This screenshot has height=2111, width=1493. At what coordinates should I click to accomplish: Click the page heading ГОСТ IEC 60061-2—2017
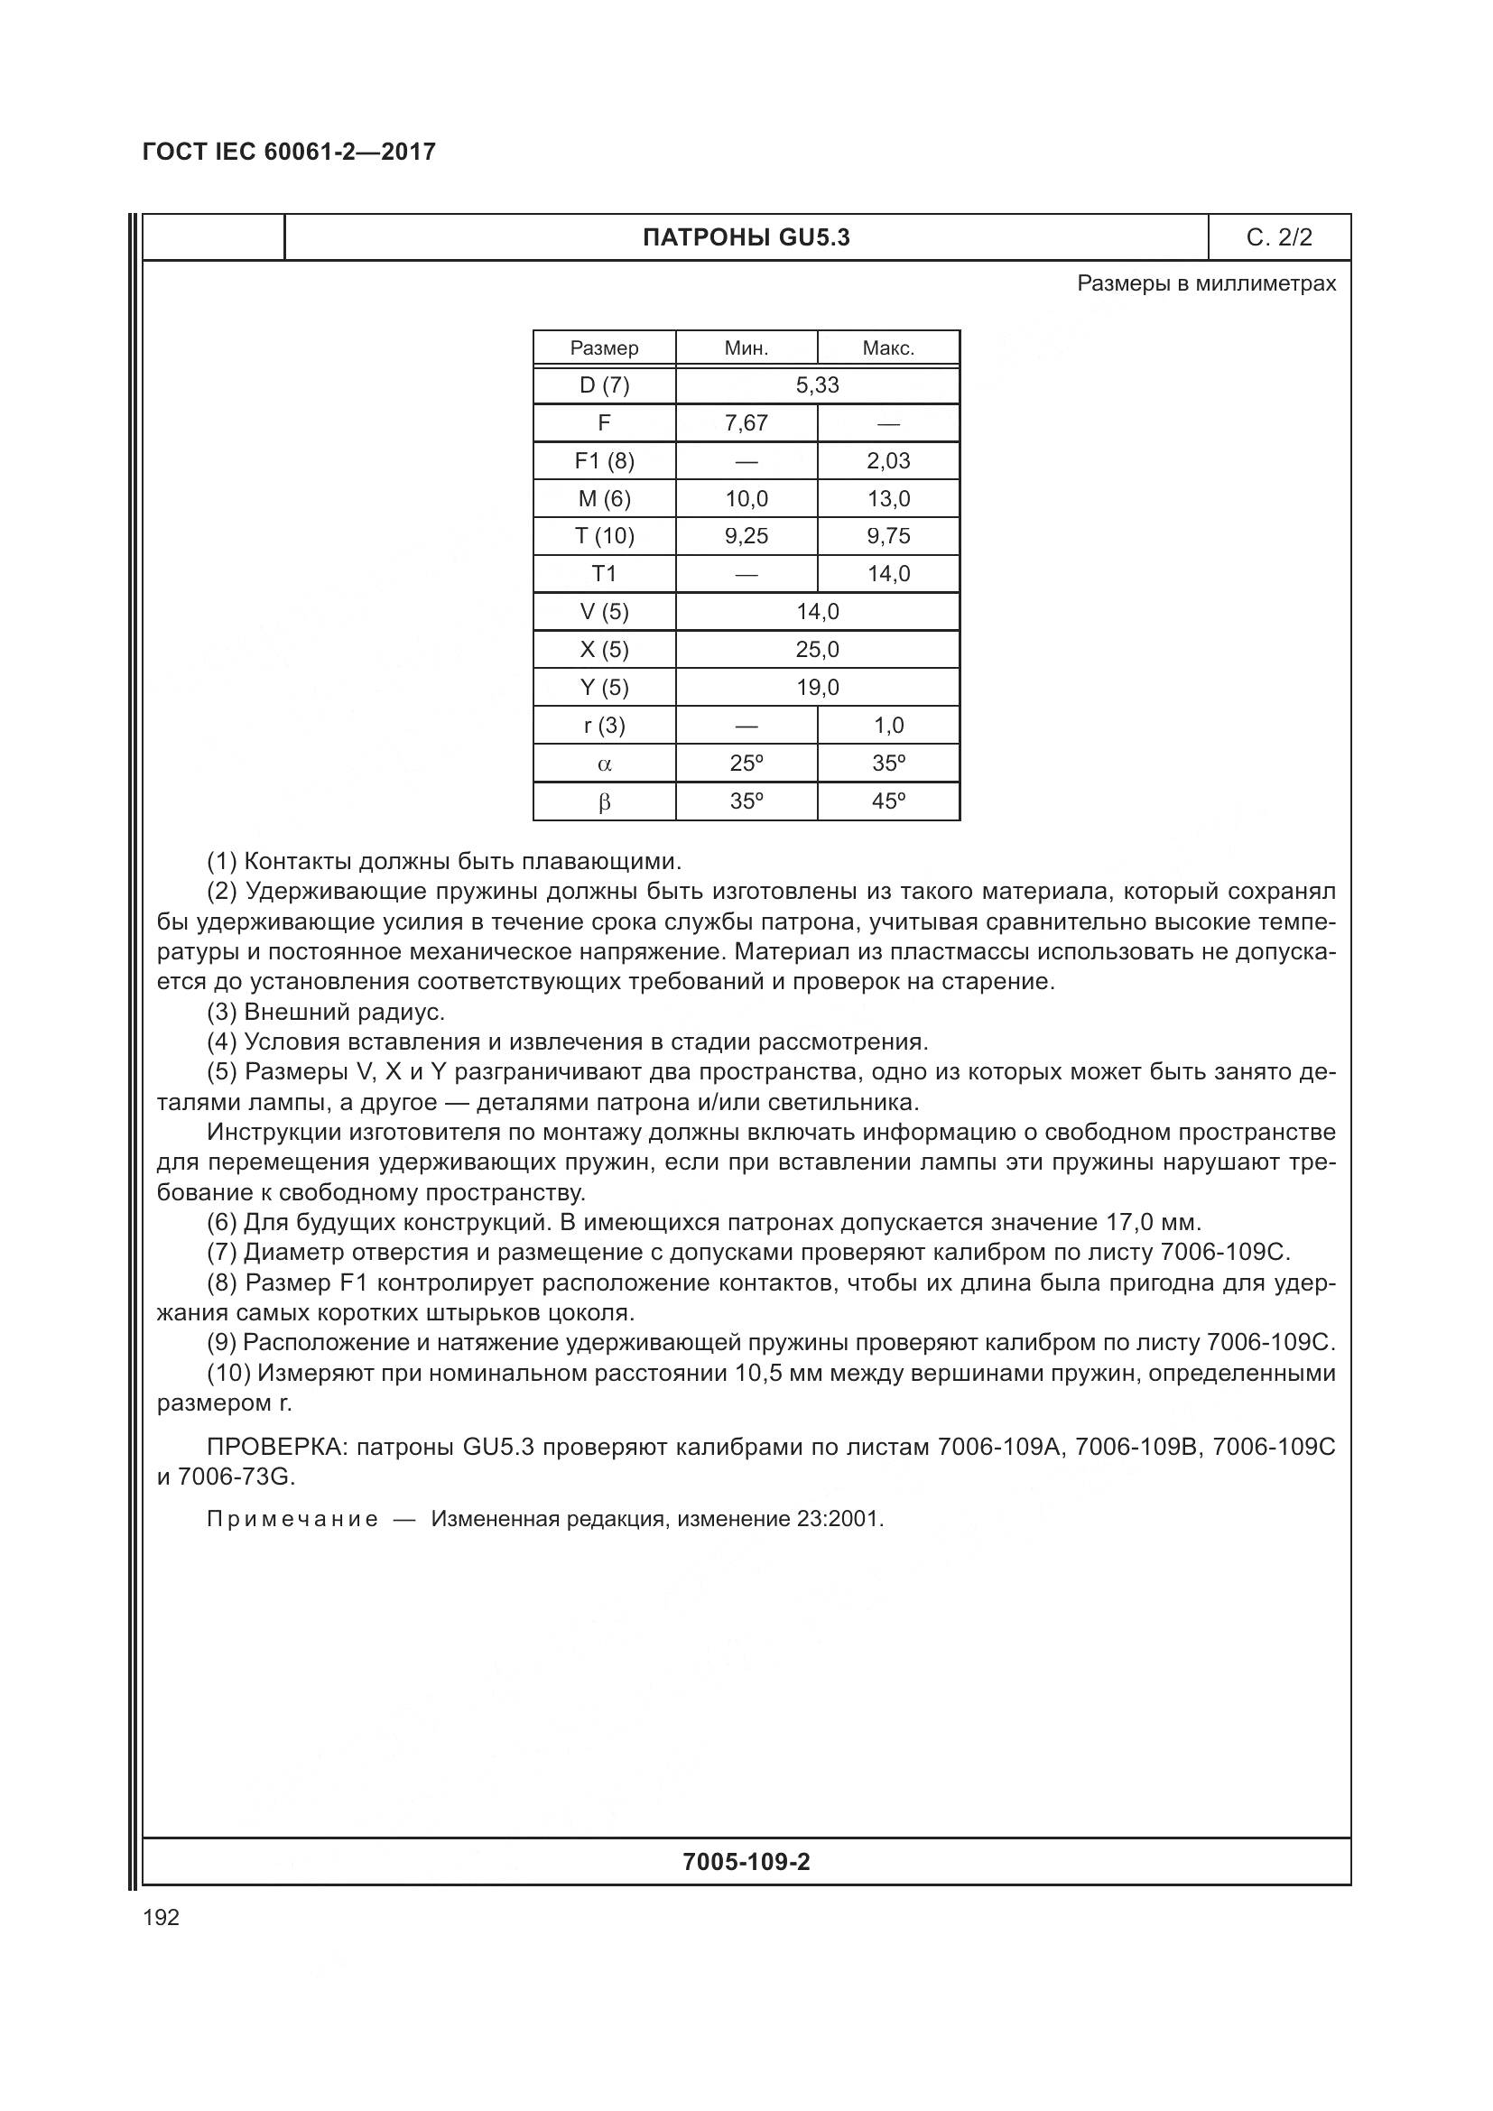pyautogui.click(x=289, y=152)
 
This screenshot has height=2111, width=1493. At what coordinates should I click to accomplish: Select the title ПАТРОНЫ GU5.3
pyautogui.click(x=746, y=238)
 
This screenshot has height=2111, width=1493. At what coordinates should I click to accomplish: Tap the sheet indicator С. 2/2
pyautogui.click(x=1279, y=238)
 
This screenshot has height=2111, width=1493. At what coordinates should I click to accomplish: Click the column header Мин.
pyautogui.click(x=746, y=348)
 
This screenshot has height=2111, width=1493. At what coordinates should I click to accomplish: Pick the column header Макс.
pyautogui.click(x=888, y=348)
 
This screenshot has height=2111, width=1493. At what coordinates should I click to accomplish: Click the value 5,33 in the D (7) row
pyautogui.click(x=817, y=385)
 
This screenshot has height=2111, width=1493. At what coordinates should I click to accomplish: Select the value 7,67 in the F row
pyautogui.click(x=746, y=423)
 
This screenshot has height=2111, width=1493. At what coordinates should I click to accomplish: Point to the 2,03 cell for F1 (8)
pyautogui.click(x=888, y=460)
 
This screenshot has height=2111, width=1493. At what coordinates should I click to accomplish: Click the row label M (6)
pyautogui.click(x=604, y=499)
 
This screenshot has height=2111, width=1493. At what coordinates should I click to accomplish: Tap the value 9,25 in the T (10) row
pyautogui.click(x=746, y=536)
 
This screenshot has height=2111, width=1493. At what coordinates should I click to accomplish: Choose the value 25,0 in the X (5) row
pyautogui.click(x=817, y=650)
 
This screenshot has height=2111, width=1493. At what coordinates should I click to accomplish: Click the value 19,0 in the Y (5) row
pyautogui.click(x=817, y=688)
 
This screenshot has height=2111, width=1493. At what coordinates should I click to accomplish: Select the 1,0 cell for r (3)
pyautogui.click(x=888, y=726)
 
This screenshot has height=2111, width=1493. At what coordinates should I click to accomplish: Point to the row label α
pyautogui.click(x=604, y=764)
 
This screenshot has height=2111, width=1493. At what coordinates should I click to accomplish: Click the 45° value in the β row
pyautogui.click(x=888, y=801)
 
